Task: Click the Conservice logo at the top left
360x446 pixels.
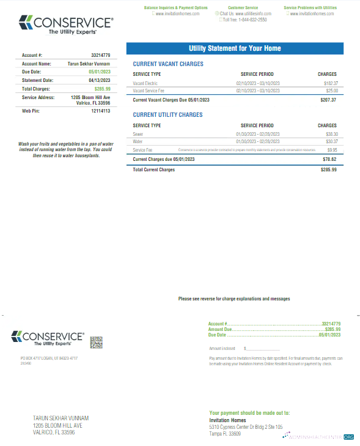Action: coord(66,25)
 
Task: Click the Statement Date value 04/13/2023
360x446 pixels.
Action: coord(100,80)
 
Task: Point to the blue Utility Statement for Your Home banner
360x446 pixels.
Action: coord(235,48)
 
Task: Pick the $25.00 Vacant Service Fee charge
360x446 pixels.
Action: coord(331,90)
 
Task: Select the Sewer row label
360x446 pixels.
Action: coord(138,133)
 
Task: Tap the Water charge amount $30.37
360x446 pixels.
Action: coord(331,141)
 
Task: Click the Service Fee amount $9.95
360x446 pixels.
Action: coord(332,149)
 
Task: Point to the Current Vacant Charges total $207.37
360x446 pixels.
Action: coord(328,99)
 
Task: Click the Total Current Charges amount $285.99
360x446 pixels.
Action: coord(328,169)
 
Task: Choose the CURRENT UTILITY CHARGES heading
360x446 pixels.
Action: coord(167,114)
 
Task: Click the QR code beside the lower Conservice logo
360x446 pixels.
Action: coord(95,341)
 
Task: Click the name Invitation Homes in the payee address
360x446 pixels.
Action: coord(227,420)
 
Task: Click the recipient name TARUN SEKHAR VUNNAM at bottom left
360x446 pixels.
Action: coord(61,418)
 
